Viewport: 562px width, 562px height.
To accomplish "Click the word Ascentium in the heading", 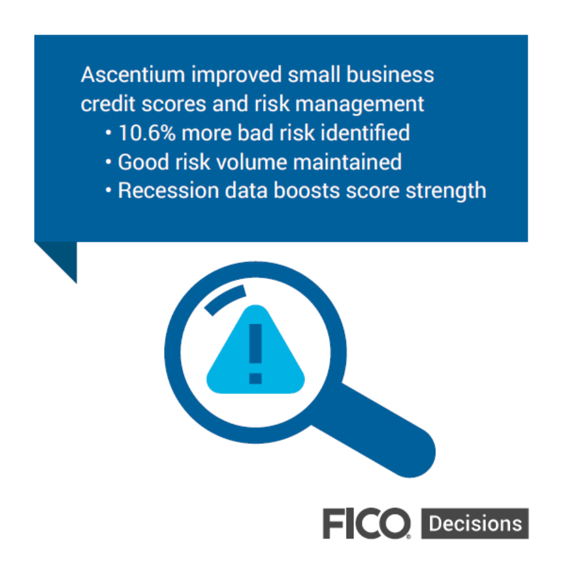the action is tap(132, 75).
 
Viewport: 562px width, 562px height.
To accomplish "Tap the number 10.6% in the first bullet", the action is tap(147, 133).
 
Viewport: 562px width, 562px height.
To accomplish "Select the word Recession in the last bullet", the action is tap(168, 190).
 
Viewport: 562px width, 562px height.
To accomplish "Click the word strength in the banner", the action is tap(446, 192).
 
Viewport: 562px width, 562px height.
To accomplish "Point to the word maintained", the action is tap(347, 162).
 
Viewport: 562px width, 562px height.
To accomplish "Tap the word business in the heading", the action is tap(391, 75).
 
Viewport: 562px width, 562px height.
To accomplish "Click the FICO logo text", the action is tap(367, 523).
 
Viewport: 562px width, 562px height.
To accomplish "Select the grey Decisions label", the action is tap(475, 523).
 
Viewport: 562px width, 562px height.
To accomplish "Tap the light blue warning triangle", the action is tap(256, 350).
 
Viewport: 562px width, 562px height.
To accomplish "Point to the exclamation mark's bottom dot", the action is tap(256, 379).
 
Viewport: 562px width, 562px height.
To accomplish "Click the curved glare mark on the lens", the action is tap(225, 298).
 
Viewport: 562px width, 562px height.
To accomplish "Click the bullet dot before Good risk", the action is tap(109, 162).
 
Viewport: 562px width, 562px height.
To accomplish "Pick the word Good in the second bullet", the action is tap(143, 162).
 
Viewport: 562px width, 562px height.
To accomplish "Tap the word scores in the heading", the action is tap(174, 104).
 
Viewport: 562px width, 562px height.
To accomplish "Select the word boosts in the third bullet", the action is tap(306, 190).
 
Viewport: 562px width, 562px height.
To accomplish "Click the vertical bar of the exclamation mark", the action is tap(256, 343).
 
